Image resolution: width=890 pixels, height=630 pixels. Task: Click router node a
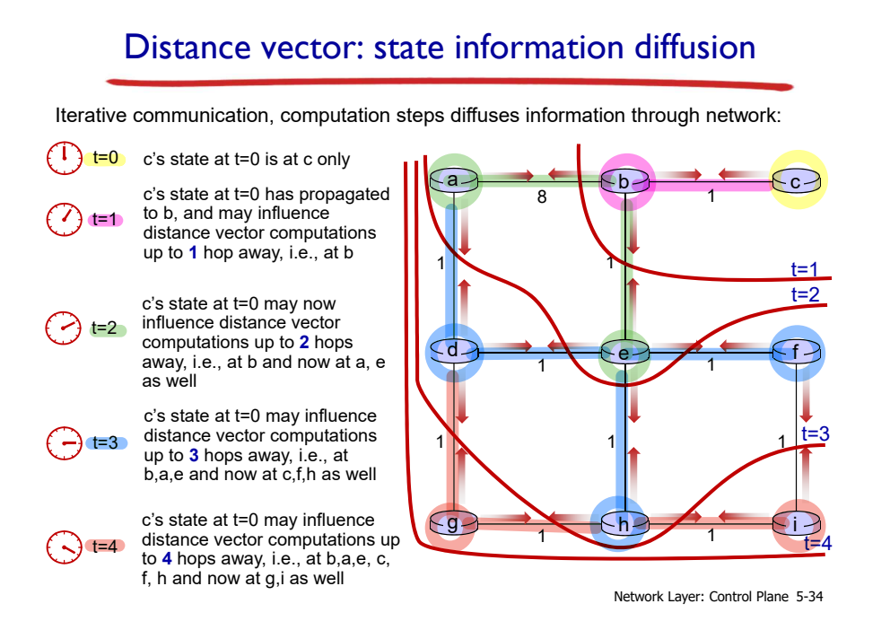(453, 181)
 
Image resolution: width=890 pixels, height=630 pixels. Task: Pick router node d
(453, 352)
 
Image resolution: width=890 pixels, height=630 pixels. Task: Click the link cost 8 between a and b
(541, 197)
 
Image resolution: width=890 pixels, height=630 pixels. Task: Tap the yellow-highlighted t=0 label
(106, 159)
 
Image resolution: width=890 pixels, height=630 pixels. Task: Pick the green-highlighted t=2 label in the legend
(106, 328)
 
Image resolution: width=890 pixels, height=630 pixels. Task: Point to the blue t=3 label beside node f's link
(815, 434)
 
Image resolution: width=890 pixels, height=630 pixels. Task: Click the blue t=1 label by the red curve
(805, 269)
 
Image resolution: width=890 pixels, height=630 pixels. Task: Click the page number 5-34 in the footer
(808, 597)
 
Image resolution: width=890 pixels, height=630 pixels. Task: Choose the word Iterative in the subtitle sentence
(86, 116)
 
